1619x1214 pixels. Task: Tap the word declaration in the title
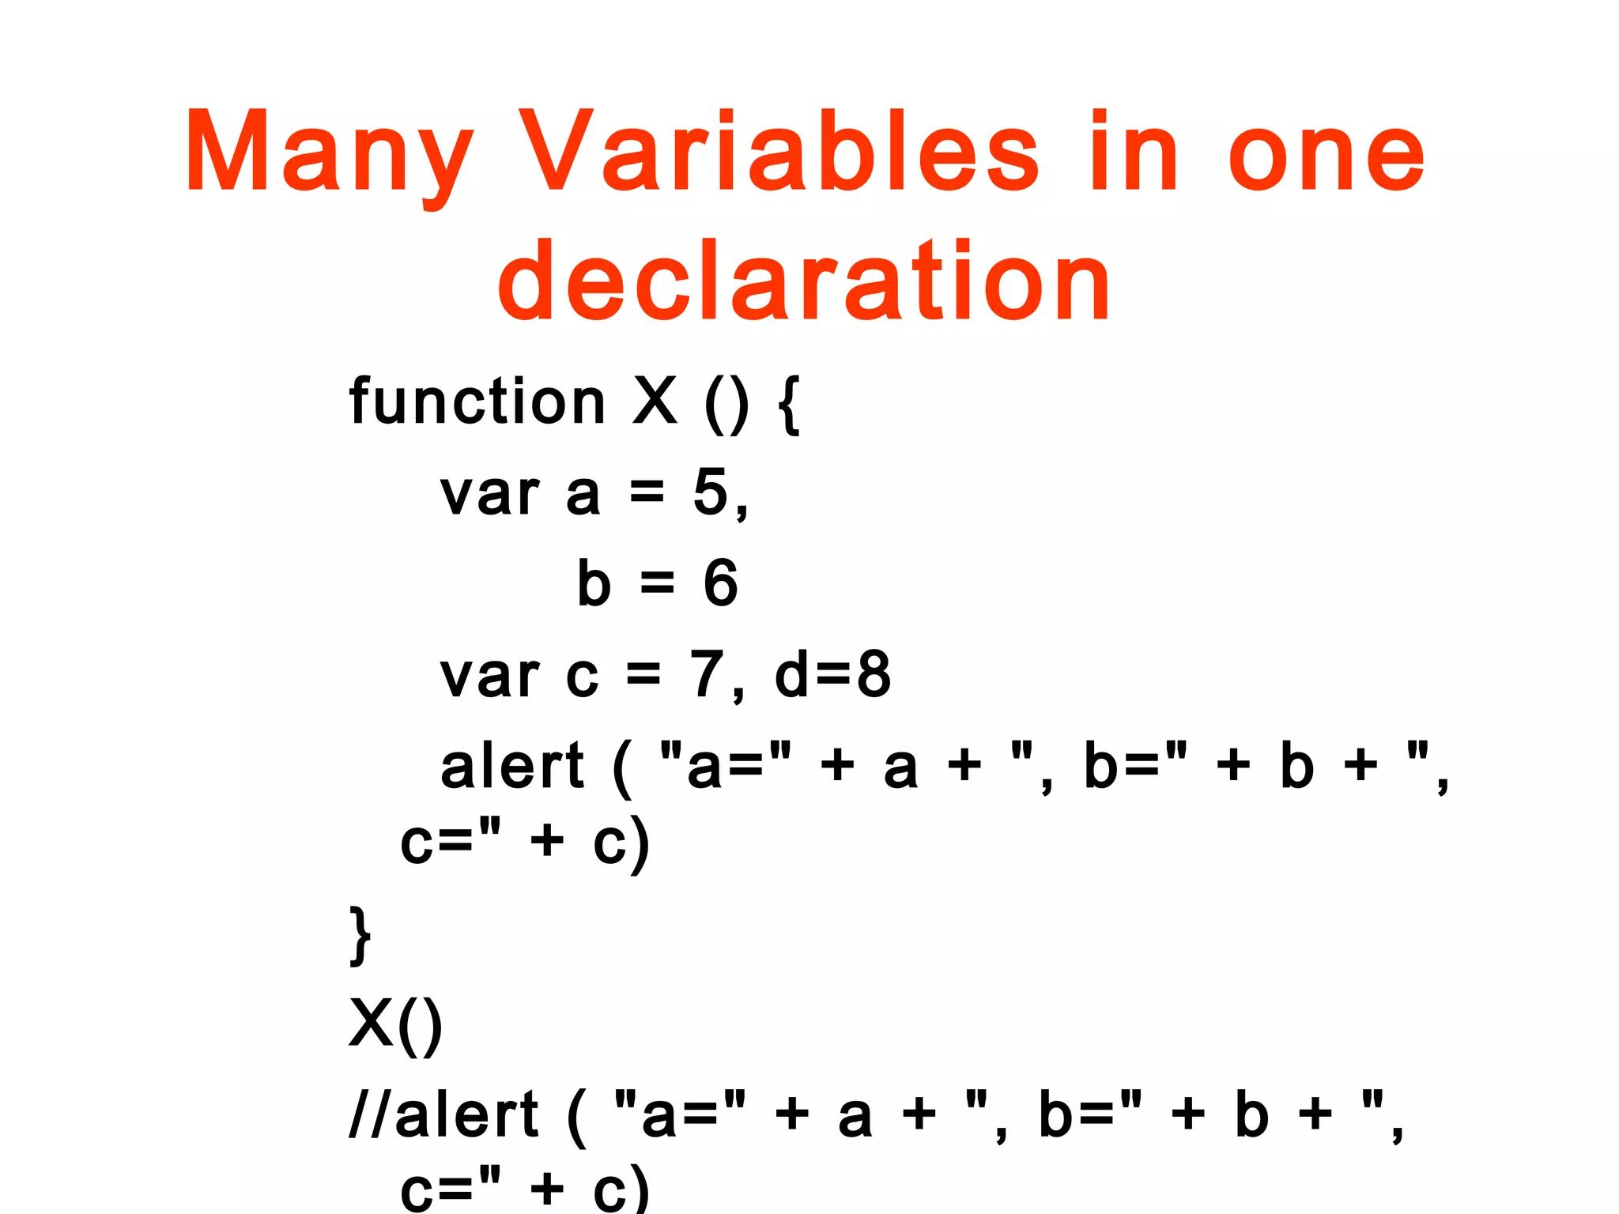804,282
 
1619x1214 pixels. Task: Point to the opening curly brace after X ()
789,404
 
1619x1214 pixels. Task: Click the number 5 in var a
710,492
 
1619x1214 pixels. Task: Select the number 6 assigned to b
720,583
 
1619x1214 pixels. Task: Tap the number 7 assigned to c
706,674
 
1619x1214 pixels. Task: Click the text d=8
832,674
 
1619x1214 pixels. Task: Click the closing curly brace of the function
360,935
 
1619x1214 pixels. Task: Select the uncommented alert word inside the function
511,766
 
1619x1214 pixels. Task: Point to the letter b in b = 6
594,583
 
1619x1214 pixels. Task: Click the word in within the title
1133,152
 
